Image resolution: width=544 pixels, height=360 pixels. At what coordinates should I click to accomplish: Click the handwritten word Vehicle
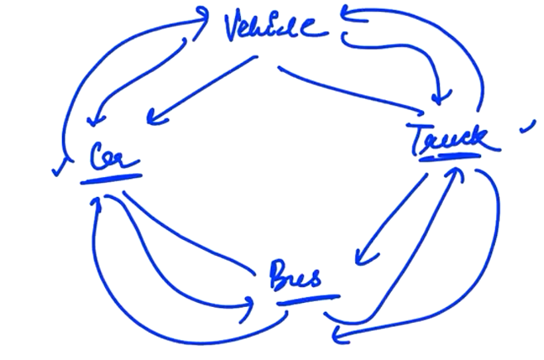click(276, 26)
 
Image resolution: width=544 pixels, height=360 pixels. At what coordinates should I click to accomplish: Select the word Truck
click(454, 140)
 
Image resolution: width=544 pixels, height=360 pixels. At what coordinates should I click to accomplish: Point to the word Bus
click(296, 275)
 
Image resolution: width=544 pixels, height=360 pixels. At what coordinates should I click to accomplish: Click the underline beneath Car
click(111, 179)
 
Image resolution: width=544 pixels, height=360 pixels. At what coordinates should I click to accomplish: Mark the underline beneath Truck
click(450, 158)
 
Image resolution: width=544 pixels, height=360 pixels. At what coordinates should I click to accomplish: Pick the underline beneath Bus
click(308, 300)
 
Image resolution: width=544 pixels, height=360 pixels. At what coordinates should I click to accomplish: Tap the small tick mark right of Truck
click(528, 127)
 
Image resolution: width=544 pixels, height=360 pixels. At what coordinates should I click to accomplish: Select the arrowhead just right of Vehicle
click(352, 15)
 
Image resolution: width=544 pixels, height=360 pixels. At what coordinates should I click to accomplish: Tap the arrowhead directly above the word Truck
click(440, 97)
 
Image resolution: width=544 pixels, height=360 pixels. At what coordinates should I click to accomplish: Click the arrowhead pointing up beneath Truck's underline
click(457, 174)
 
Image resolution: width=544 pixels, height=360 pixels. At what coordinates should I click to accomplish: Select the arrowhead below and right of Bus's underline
click(339, 335)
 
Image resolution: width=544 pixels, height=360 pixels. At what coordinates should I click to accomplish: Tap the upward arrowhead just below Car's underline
click(96, 202)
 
